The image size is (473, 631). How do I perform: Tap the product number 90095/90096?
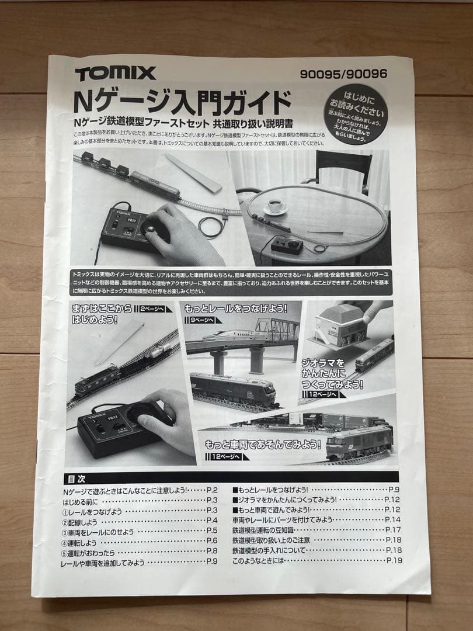click(x=343, y=74)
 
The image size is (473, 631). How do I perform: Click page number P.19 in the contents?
click(x=394, y=561)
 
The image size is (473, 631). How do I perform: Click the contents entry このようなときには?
click(x=258, y=561)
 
